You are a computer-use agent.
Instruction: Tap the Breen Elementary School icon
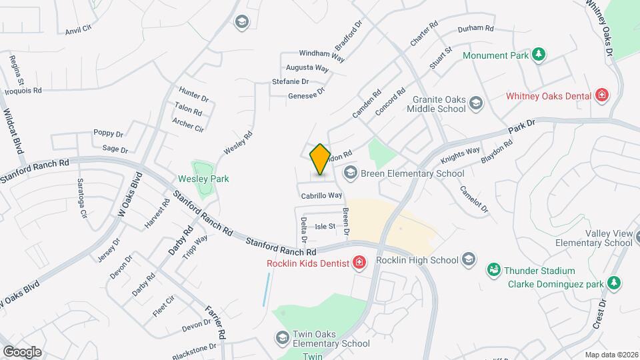pyautogui.click(x=350, y=173)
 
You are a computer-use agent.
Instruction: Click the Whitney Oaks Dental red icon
pyautogui.click(x=602, y=96)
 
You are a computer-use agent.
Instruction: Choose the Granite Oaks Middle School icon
pyautogui.click(x=476, y=103)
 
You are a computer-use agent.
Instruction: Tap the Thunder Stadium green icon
pyautogui.click(x=494, y=271)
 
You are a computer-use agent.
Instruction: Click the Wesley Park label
pyautogui.click(x=203, y=179)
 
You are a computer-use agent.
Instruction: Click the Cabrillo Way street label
pyautogui.click(x=321, y=196)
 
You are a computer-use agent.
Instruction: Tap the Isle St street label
pyautogui.click(x=325, y=227)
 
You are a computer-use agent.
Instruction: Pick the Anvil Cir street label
pyautogui.click(x=78, y=31)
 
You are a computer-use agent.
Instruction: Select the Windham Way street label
pyautogui.click(x=321, y=55)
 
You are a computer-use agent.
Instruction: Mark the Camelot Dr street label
pyautogui.click(x=473, y=199)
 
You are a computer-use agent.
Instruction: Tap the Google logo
pyautogui.click(x=21, y=352)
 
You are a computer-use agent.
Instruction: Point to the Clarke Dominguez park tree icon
pyautogui.click(x=615, y=284)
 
